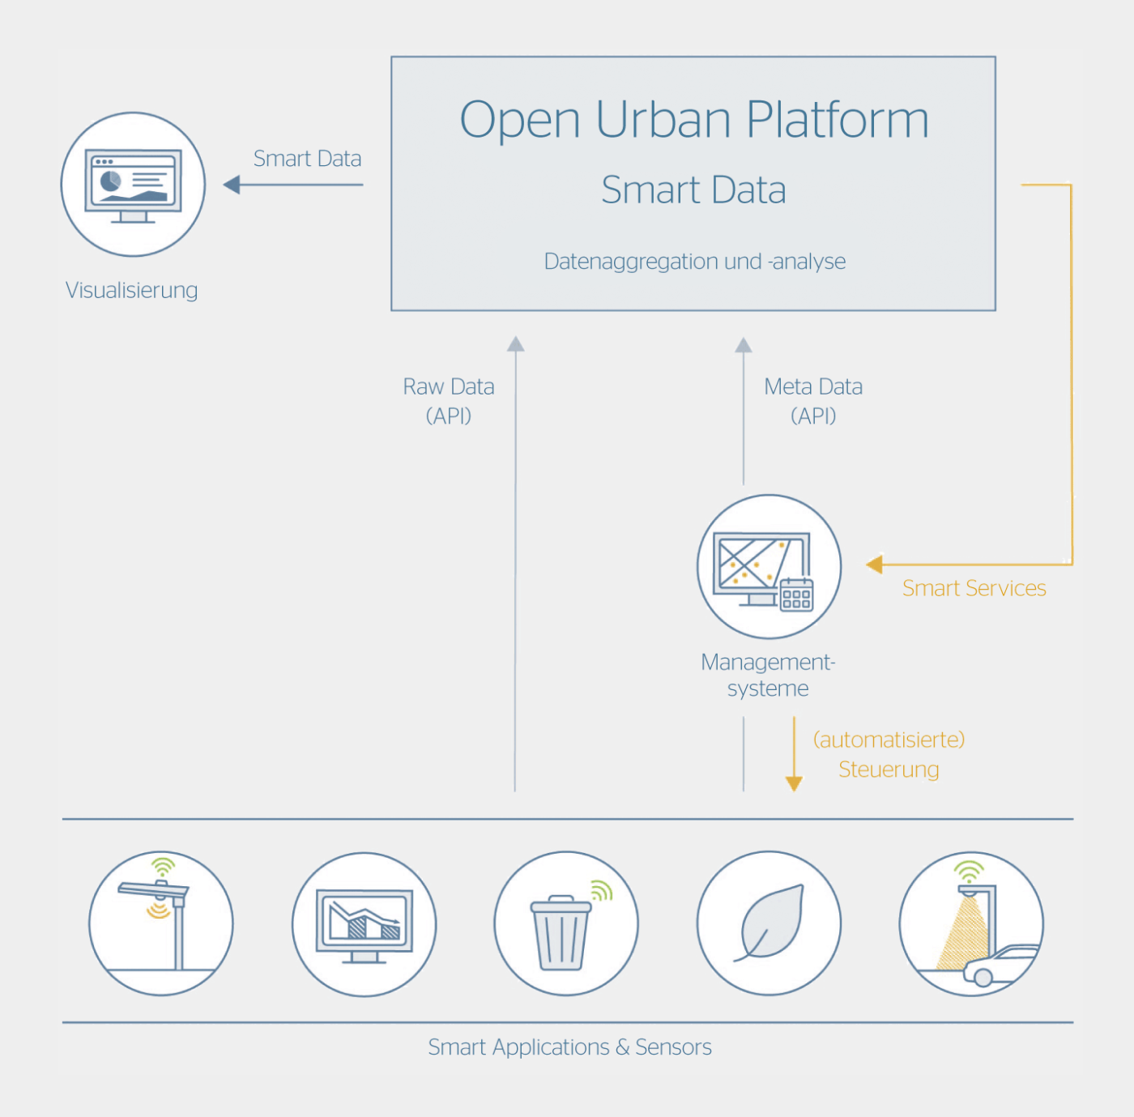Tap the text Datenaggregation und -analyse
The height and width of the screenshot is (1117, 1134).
(694, 262)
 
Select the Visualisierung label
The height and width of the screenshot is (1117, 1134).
(131, 291)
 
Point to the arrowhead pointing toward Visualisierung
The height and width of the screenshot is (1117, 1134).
(232, 185)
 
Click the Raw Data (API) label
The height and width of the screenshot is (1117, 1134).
(449, 402)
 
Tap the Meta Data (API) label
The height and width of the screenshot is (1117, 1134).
(813, 402)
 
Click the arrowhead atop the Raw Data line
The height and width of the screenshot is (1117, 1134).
(515, 344)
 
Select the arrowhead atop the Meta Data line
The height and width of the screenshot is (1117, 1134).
(744, 345)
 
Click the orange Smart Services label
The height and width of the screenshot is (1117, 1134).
(974, 589)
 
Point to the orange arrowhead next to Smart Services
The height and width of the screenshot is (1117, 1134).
(875, 564)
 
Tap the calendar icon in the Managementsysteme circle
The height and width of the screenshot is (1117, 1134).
(796, 595)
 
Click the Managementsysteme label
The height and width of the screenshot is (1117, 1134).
(768, 676)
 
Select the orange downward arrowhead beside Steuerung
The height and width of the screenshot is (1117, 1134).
(794, 784)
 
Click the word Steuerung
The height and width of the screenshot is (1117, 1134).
(889, 770)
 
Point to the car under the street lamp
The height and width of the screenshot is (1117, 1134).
(1000, 966)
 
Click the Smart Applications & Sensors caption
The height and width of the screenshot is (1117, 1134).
(569, 1048)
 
